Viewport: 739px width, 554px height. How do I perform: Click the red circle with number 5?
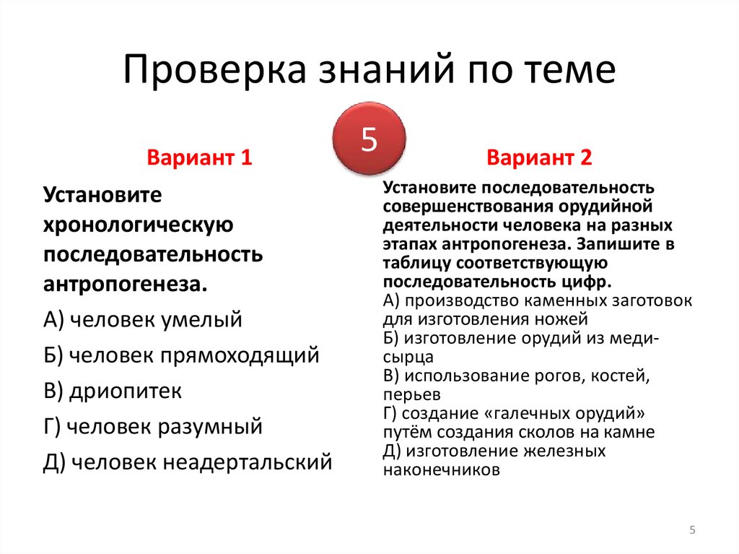369,139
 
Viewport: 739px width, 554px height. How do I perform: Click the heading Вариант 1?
199,157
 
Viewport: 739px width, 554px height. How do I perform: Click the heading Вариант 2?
539,157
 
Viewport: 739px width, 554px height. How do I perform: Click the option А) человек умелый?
142,320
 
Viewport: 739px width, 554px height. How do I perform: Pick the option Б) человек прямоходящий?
180,355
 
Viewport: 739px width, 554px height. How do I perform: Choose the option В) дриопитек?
112,391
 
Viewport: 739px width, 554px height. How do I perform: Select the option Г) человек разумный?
152,426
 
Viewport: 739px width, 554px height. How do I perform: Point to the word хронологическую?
137,225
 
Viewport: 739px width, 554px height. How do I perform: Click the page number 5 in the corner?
692,530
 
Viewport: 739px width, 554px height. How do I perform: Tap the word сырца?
408,357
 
